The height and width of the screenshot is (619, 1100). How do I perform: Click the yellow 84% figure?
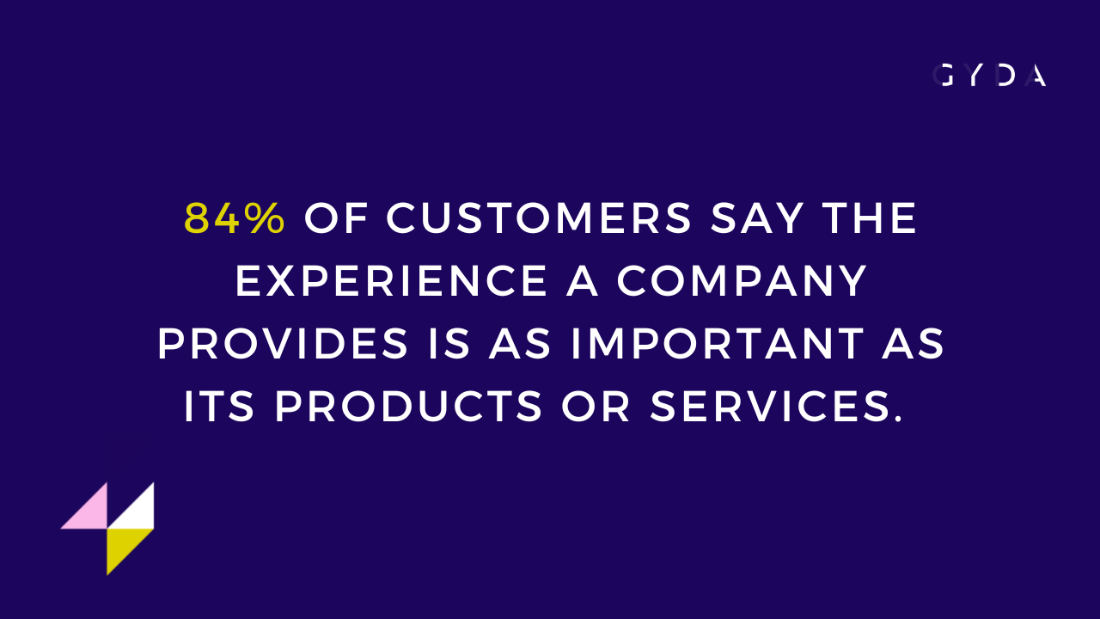click(x=235, y=218)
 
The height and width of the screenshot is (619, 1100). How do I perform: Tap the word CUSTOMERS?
click(x=539, y=218)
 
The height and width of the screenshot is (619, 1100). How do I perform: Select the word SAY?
click(x=757, y=218)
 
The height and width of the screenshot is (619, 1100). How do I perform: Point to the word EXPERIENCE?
click(x=391, y=280)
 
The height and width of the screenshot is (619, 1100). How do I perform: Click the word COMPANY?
click(x=742, y=280)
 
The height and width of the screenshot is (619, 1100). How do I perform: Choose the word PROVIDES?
click(x=283, y=343)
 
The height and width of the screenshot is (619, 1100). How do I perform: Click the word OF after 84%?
click(x=336, y=218)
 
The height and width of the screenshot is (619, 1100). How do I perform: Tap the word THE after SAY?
click(x=869, y=218)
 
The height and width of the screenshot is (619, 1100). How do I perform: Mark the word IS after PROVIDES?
click(x=449, y=343)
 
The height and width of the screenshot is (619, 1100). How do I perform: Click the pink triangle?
click(x=90, y=512)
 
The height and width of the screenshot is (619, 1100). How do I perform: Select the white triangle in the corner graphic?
click(x=137, y=512)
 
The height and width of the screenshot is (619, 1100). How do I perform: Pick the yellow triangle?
click(x=122, y=544)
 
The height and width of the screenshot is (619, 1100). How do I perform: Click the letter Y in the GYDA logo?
click(x=975, y=76)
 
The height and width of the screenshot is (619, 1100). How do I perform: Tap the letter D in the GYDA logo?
click(x=1006, y=76)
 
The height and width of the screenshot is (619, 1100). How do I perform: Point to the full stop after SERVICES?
click(x=899, y=419)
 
